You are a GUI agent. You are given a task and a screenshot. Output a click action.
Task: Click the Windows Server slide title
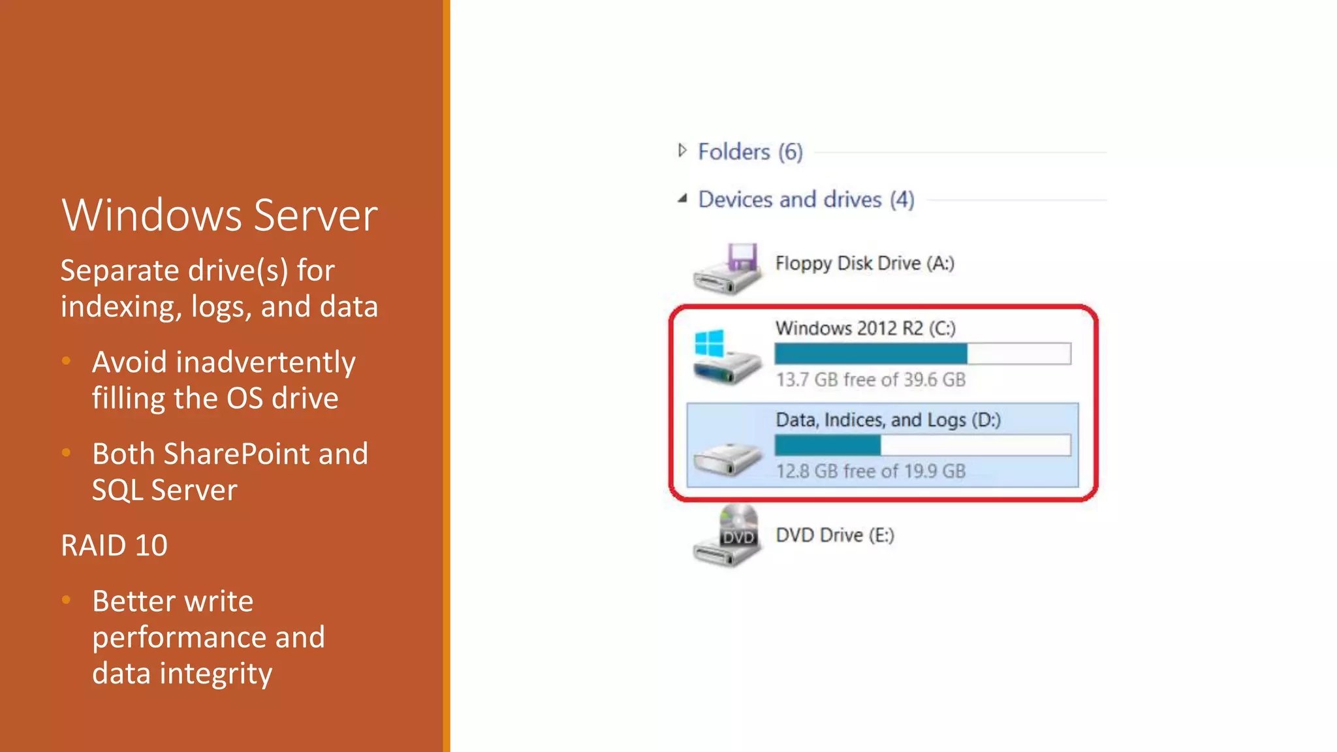point(219,215)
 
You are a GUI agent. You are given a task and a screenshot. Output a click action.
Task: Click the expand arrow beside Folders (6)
point(682,151)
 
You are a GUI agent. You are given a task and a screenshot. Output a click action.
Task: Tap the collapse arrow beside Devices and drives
point(682,198)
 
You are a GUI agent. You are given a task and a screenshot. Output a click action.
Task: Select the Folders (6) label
point(750,151)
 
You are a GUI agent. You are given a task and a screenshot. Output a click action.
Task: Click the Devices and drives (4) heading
point(806,199)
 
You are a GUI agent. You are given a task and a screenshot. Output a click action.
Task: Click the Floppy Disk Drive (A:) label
point(864,263)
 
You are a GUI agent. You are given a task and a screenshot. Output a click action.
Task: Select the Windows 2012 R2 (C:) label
point(865,328)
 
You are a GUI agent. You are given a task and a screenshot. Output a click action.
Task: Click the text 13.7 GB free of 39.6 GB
point(870,379)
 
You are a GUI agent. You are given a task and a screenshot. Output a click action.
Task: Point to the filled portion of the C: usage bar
point(870,354)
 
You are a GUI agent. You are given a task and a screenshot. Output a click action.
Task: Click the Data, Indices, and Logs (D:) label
point(888,420)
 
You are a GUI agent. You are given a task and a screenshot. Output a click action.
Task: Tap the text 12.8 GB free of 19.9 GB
point(870,471)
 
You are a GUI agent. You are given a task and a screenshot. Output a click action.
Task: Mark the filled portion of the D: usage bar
point(827,446)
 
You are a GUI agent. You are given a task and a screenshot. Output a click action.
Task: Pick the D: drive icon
point(727,458)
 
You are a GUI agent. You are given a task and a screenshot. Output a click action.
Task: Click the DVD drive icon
point(727,536)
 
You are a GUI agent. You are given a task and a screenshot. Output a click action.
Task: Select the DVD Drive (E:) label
point(834,535)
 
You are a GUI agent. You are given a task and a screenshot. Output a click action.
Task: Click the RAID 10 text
point(114,545)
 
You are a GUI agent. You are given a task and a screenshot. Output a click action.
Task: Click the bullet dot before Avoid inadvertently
point(66,361)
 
